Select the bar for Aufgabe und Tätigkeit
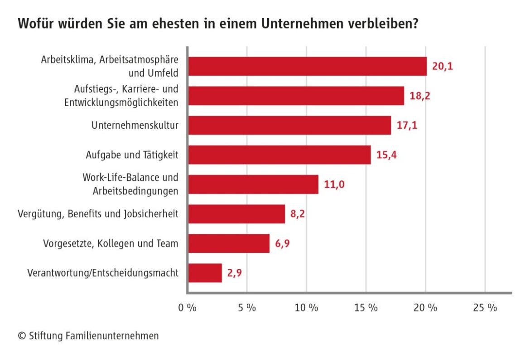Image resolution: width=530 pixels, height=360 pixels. tap(279, 155)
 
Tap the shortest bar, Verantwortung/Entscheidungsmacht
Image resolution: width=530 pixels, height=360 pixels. tap(205, 273)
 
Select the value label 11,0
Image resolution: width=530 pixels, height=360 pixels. tap(335, 185)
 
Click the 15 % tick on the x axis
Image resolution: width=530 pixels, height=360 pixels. tap(366, 308)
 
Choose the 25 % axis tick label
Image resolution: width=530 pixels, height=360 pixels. tap(485, 308)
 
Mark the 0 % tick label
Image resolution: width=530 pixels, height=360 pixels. tap(187, 308)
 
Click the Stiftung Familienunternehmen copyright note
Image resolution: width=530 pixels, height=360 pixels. tap(88, 336)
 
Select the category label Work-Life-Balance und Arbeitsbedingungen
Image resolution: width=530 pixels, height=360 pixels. tap(130, 184)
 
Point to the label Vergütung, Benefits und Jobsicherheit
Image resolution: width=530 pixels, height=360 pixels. tap(98, 214)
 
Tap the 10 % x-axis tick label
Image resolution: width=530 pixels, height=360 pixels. tap(307, 308)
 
